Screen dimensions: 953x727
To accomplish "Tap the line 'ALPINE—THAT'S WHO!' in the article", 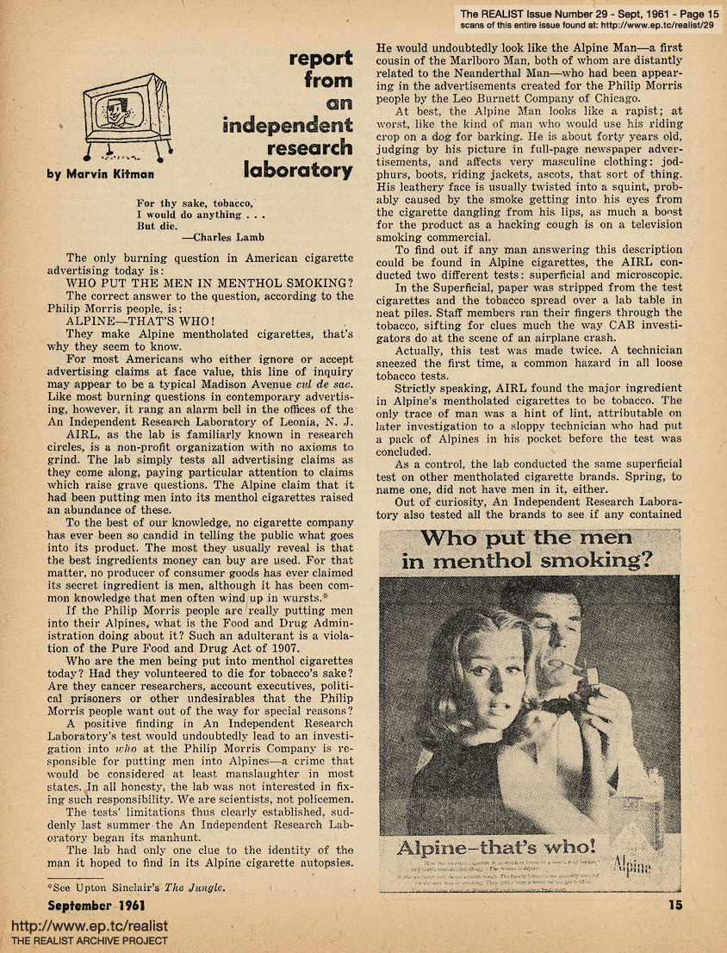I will coord(143,318).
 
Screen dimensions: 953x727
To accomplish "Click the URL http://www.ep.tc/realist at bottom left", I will coord(90,926).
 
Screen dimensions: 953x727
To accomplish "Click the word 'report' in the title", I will coord(320,59).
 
